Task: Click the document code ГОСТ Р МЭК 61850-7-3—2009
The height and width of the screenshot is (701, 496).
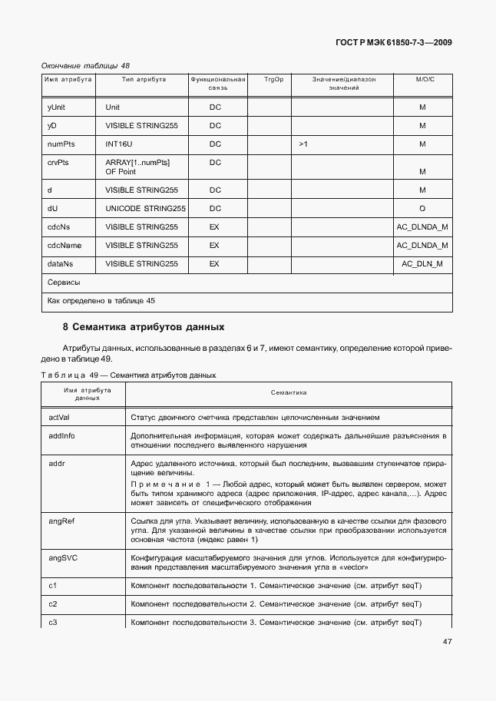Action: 392,43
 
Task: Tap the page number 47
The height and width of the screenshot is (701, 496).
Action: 447,642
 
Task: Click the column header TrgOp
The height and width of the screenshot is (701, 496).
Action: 273,79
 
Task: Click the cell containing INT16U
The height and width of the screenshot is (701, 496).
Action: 119,144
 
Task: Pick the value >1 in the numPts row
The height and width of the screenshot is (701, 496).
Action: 303,144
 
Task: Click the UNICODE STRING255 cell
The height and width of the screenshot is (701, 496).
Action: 145,209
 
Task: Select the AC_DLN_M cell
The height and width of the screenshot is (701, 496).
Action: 422,264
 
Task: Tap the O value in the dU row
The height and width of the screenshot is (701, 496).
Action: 422,209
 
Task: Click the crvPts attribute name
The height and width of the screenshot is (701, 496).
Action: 58,163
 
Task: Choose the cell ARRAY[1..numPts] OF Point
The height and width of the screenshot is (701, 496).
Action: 137,167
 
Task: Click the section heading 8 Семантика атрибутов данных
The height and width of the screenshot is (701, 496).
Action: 144,326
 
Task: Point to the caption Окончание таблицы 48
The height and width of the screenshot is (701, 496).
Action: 85,65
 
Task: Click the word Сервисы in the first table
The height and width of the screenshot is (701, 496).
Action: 64,283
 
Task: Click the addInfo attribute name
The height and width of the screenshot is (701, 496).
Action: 61,435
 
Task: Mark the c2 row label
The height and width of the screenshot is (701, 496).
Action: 53,603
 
